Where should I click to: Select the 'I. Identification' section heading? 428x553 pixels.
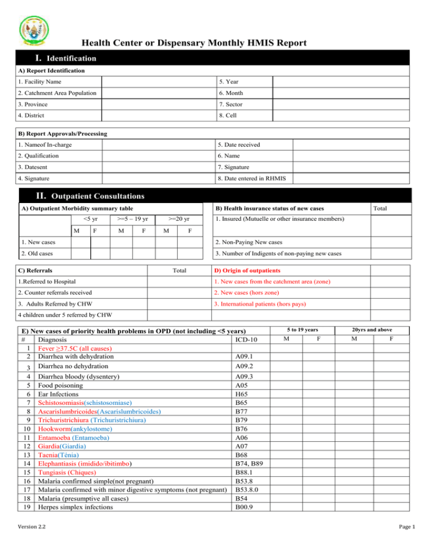click(x=58, y=58)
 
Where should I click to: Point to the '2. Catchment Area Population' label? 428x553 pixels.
click(x=45, y=93)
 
